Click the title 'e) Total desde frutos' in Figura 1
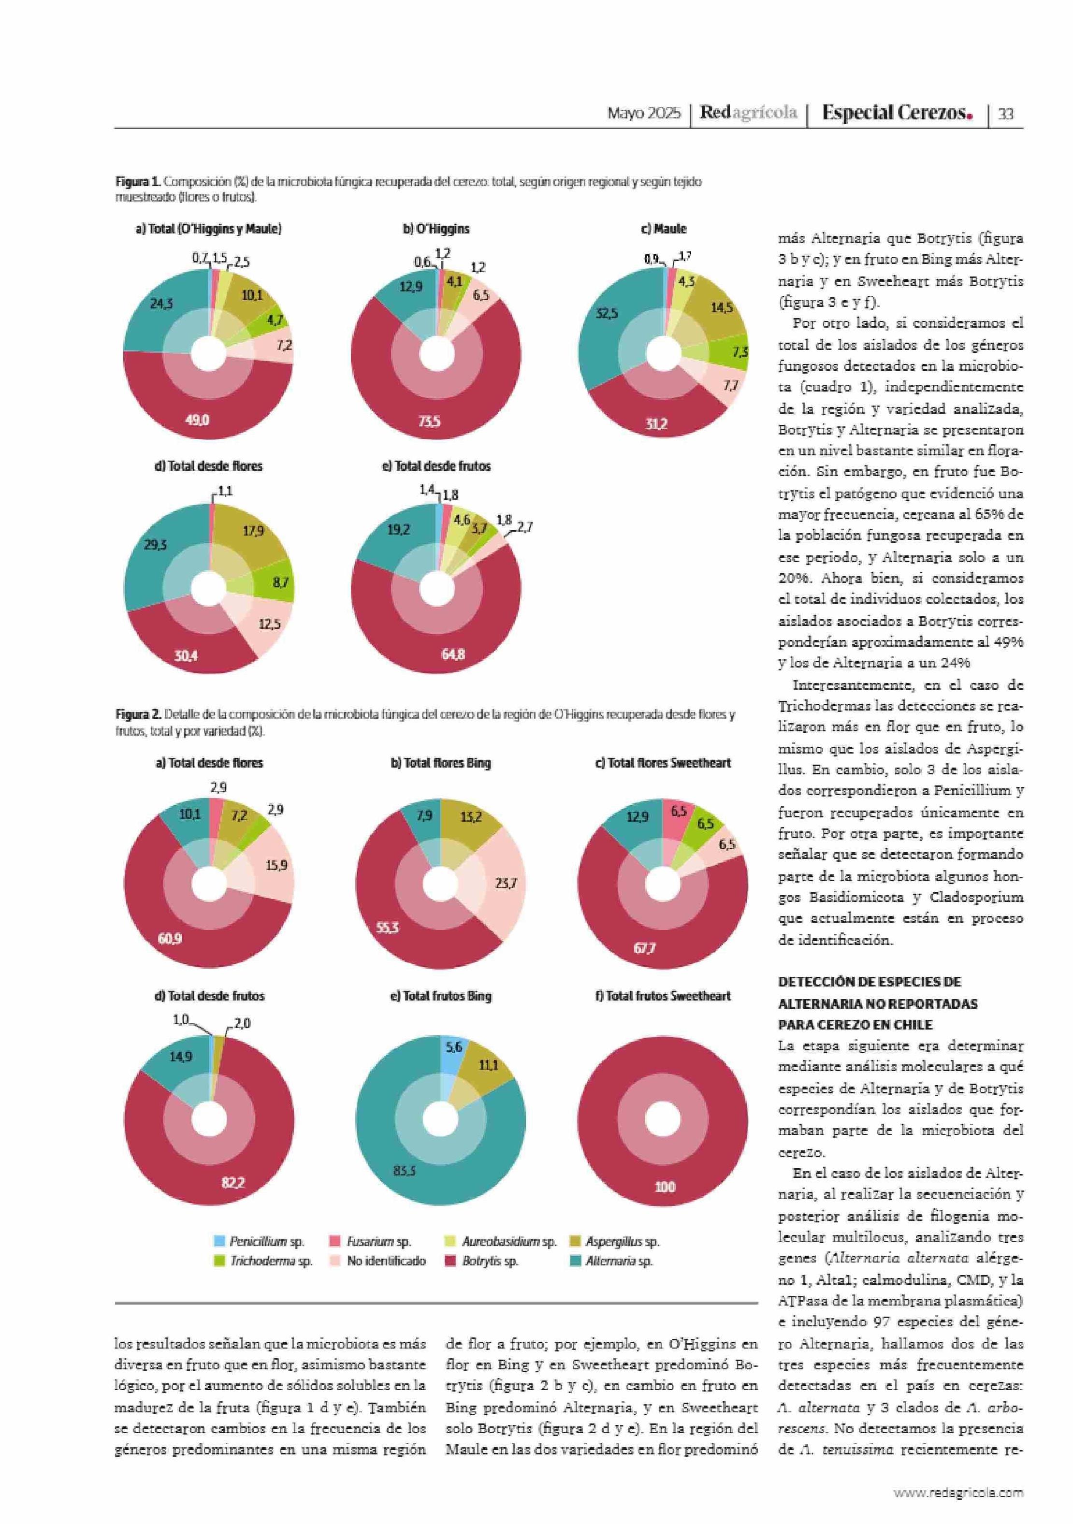436,466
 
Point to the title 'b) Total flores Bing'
441,763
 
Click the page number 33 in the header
1005,114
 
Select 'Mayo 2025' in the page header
644,114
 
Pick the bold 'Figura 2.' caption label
138,715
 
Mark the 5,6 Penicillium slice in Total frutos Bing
453,1047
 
